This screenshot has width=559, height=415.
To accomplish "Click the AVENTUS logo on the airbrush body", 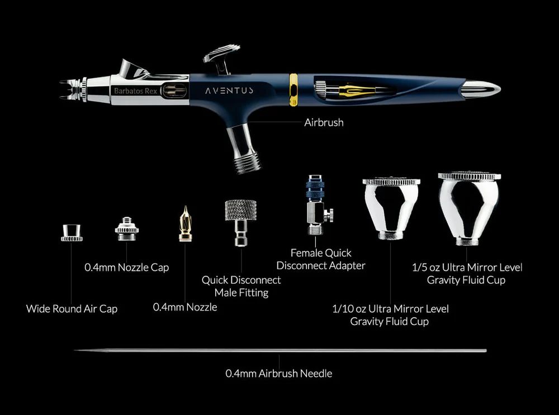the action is pyautogui.click(x=229, y=90).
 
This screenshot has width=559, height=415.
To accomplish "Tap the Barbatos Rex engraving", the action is pyautogui.click(x=135, y=91).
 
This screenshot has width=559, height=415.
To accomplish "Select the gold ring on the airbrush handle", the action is pyautogui.click(x=293, y=90).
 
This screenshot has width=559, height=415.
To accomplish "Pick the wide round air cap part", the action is pyautogui.click(x=72, y=233).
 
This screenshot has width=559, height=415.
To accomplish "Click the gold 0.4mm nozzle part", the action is pyautogui.click(x=185, y=224).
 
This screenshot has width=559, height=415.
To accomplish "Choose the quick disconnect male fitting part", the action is pyautogui.click(x=240, y=223).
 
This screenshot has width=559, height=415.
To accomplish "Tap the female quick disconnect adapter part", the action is pyautogui.click(x=319, y=204).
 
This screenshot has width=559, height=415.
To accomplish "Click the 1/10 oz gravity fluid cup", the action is pyautogui.click(x=391, y=208).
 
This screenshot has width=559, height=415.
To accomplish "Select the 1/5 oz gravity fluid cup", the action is pyautogui.click(x=469, y=209).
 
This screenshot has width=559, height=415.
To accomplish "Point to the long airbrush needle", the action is pyautogui.click(x=280, y=351).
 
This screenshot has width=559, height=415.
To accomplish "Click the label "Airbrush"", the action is pyautogui.click(x=324, y=122).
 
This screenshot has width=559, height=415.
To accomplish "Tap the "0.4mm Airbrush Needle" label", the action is pyautogui.click(x=279, y=373).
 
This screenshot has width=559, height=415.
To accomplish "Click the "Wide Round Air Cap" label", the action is pyautogui.click(x=72, y=308).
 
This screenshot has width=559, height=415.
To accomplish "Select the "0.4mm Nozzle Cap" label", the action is pyautogui.click(x=126, y=267).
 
